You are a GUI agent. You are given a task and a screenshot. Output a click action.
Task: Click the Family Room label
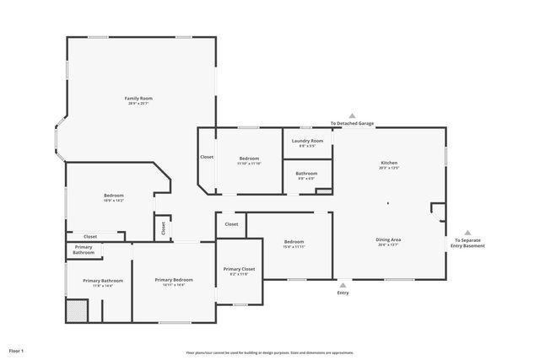138,99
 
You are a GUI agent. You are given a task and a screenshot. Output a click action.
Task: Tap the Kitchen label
389,163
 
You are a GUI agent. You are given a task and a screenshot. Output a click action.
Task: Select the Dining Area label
388,239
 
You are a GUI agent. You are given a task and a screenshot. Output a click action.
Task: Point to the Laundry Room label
307,141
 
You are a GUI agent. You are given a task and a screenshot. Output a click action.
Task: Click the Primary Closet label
238,269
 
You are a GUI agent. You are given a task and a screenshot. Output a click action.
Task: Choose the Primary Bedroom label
174,280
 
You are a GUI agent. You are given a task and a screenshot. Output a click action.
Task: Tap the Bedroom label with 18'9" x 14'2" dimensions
113,196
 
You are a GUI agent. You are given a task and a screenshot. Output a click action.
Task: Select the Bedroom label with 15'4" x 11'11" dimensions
294,242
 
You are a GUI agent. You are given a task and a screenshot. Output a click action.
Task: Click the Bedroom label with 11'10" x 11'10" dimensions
249,159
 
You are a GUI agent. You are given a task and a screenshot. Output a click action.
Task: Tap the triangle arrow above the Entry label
343,284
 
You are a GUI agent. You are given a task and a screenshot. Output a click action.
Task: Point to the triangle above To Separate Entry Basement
468,234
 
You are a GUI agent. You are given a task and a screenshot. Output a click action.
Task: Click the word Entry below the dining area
343,293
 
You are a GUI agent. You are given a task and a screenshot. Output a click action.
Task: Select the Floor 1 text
17,350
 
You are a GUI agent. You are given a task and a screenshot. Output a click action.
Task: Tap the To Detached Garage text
352,124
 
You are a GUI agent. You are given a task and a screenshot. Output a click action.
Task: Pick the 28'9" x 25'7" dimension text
138,104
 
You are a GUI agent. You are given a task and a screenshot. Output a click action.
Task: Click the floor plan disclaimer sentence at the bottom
270,352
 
